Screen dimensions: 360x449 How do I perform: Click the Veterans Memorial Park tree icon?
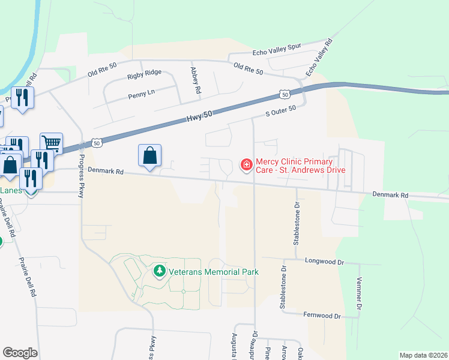(159, 272)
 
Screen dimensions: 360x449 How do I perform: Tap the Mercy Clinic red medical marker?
(246, 164)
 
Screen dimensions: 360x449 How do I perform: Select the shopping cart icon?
(52, 143)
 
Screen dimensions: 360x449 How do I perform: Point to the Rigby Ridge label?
(144, 73)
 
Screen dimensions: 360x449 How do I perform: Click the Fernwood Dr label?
(322, 316)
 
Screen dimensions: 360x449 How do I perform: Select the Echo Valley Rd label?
(319, 58)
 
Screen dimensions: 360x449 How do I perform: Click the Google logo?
(20, 352)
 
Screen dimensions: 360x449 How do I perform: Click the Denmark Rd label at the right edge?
(390, 195)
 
